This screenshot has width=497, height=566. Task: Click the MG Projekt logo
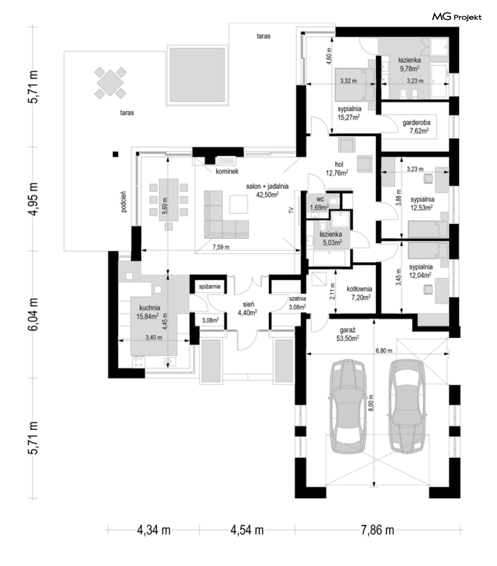[457, 17]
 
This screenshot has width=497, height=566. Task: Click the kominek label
[227, 171]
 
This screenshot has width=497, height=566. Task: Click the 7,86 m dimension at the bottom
[377, 530]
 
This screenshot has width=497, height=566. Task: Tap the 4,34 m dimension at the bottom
[153, 530]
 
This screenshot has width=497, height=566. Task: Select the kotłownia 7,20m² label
[359, 293]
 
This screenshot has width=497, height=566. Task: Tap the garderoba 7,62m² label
[417, 127]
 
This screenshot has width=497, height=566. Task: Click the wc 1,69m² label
[319, 203]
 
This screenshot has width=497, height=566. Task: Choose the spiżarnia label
[210, 287]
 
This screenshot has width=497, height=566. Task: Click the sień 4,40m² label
[248, 309]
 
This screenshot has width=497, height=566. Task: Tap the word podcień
[124, 202]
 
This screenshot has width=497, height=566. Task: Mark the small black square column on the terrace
[115, 154]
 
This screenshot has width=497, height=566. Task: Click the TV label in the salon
[291, 211]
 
